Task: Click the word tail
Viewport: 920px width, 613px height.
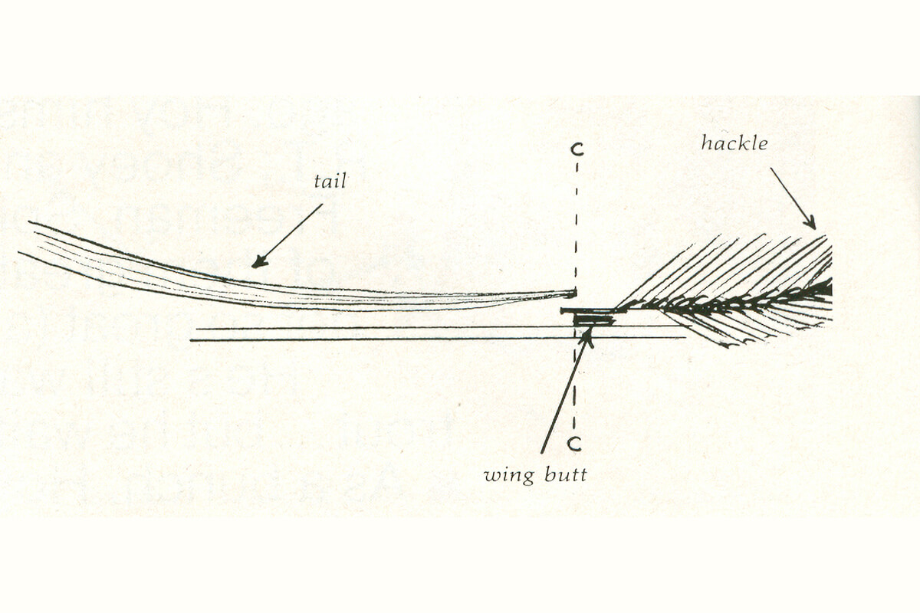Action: pyautogui.click(x=330, y=182)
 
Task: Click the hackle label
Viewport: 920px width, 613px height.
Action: pyautogui.click(x=734, y=143)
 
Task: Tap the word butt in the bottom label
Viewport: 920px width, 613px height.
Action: pyautogui.click(x=566, y=475)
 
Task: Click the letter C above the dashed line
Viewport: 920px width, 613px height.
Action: pyautogui.click(x=577, y=150)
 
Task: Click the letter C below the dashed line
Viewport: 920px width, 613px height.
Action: pyautogui.click(x=576, y=444)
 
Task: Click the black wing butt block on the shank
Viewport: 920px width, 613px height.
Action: pyautogui.click(x=594, y=320)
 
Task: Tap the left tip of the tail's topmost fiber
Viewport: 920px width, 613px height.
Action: pyautogui.click(x=29, y=222)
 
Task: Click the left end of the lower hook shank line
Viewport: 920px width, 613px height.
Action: pyautogui.click(x=191, y=340)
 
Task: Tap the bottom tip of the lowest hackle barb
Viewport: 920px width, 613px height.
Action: pyautogui.click(x=728, y=347)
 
